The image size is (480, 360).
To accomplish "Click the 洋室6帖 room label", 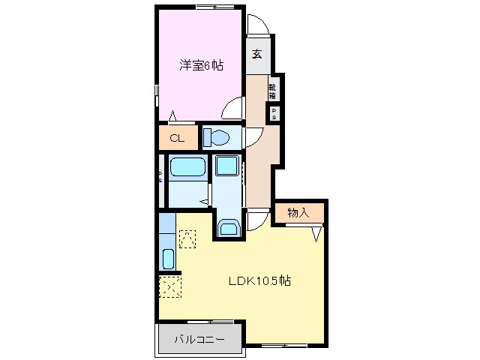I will (x=200, y=65).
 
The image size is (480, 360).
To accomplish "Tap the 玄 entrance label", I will (x=257, y=54).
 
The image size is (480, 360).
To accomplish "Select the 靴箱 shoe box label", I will (x=273, y=91).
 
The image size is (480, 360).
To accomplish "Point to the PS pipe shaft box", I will (x=274, y=115).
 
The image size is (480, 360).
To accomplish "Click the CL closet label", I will (x=177, y=138).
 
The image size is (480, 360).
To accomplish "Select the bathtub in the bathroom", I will (x=187, y=167).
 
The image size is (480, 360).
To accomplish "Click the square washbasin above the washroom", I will (x=227, y=166).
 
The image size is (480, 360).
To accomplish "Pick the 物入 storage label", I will (x=298, y=213).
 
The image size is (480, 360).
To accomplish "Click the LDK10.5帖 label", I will (x=259, y=282).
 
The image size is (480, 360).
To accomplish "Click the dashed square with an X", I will (x=170, y=286).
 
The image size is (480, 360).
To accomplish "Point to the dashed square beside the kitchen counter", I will (x=187, y=238).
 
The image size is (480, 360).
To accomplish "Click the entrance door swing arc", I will (x=257, y=24).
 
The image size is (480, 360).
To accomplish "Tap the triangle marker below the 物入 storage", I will (x=317, y=233).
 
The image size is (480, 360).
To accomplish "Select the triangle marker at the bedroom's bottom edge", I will (x=173, y=116).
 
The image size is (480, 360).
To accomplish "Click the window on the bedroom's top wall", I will (x=214, y=7).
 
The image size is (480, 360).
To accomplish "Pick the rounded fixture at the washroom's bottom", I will (x=228, y=227).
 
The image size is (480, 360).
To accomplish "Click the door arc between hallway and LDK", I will (x=257, y=220).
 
